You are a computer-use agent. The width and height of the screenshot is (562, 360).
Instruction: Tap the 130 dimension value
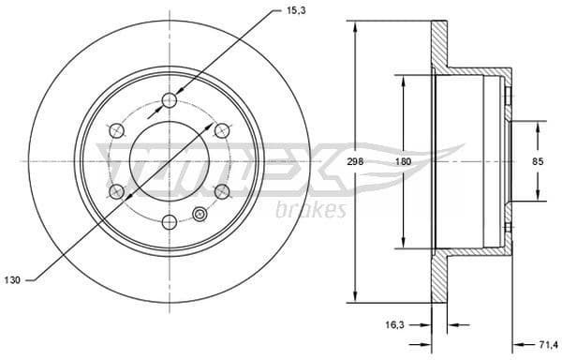coord(11,279)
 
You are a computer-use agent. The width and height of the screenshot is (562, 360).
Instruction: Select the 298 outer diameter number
coord(355,161)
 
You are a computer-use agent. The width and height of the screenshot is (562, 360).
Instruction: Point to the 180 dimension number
coord(403,161)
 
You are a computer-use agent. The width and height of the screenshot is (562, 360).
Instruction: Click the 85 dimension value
coord(538,161)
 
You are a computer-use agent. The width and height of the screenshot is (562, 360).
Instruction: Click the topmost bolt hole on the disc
coord(170,100)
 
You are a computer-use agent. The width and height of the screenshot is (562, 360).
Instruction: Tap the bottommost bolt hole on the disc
coord(170,222)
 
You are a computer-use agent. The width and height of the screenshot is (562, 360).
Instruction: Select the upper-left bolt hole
coord(117,130)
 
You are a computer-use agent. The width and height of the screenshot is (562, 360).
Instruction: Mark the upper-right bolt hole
coord(222,130)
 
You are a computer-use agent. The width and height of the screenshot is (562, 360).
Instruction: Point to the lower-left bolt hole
coord(117,191)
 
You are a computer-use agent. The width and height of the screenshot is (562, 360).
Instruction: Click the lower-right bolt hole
coord(222,191)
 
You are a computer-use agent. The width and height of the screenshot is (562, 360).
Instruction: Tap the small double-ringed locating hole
coord(199,214)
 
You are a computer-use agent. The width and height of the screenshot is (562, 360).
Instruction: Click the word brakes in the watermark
coord(312,210)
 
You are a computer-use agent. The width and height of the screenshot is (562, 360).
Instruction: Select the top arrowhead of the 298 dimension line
coord(355,25)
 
